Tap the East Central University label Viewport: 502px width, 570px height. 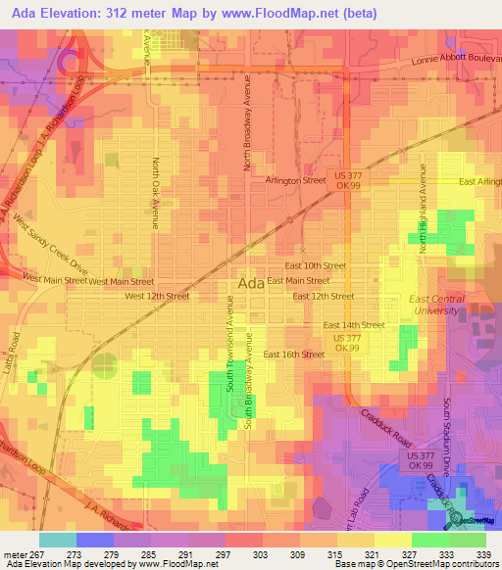[433, 303]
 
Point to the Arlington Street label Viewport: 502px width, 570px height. [295, 180]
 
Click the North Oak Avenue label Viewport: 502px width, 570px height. [155, 192]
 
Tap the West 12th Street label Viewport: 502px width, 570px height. [157, 296]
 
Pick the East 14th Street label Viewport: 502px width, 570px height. [353, 324]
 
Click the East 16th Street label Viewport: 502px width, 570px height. [293, 355]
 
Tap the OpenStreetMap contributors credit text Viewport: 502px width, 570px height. [440, 564]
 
